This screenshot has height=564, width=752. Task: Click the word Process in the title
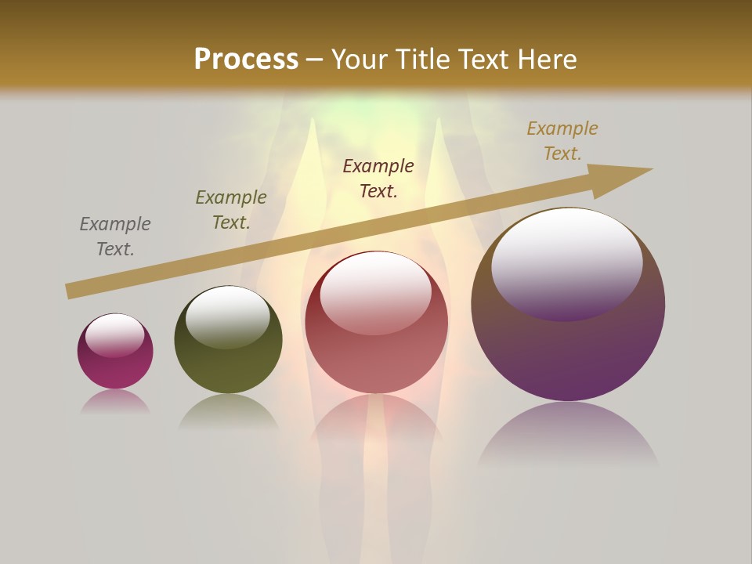point(246,60)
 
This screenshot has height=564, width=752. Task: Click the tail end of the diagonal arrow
point(71,291)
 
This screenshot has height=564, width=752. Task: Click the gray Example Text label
point(115,237)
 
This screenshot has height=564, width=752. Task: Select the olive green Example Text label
point(231,210)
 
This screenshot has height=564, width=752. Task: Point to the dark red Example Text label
point(378,178)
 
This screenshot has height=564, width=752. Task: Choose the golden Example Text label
point(562,141)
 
